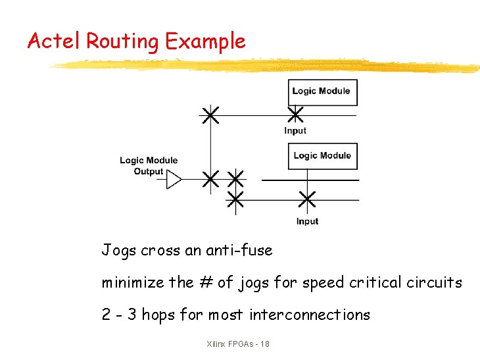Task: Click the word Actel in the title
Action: point(54,41)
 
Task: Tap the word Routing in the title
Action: point(122,42)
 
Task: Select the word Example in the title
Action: point(205,41)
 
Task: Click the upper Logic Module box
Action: point(322,92)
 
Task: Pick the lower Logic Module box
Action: point(323,156)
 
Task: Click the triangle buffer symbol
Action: point(174,179)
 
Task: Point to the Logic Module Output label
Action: point(149,166)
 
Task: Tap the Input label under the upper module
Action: point(295,130)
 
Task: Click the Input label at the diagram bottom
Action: point(307,221)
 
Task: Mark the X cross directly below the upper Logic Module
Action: point(296,115)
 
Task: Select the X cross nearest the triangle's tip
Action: point(210,179)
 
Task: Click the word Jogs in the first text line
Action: point(118,251)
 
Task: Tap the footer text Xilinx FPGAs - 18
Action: point(237,344)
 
